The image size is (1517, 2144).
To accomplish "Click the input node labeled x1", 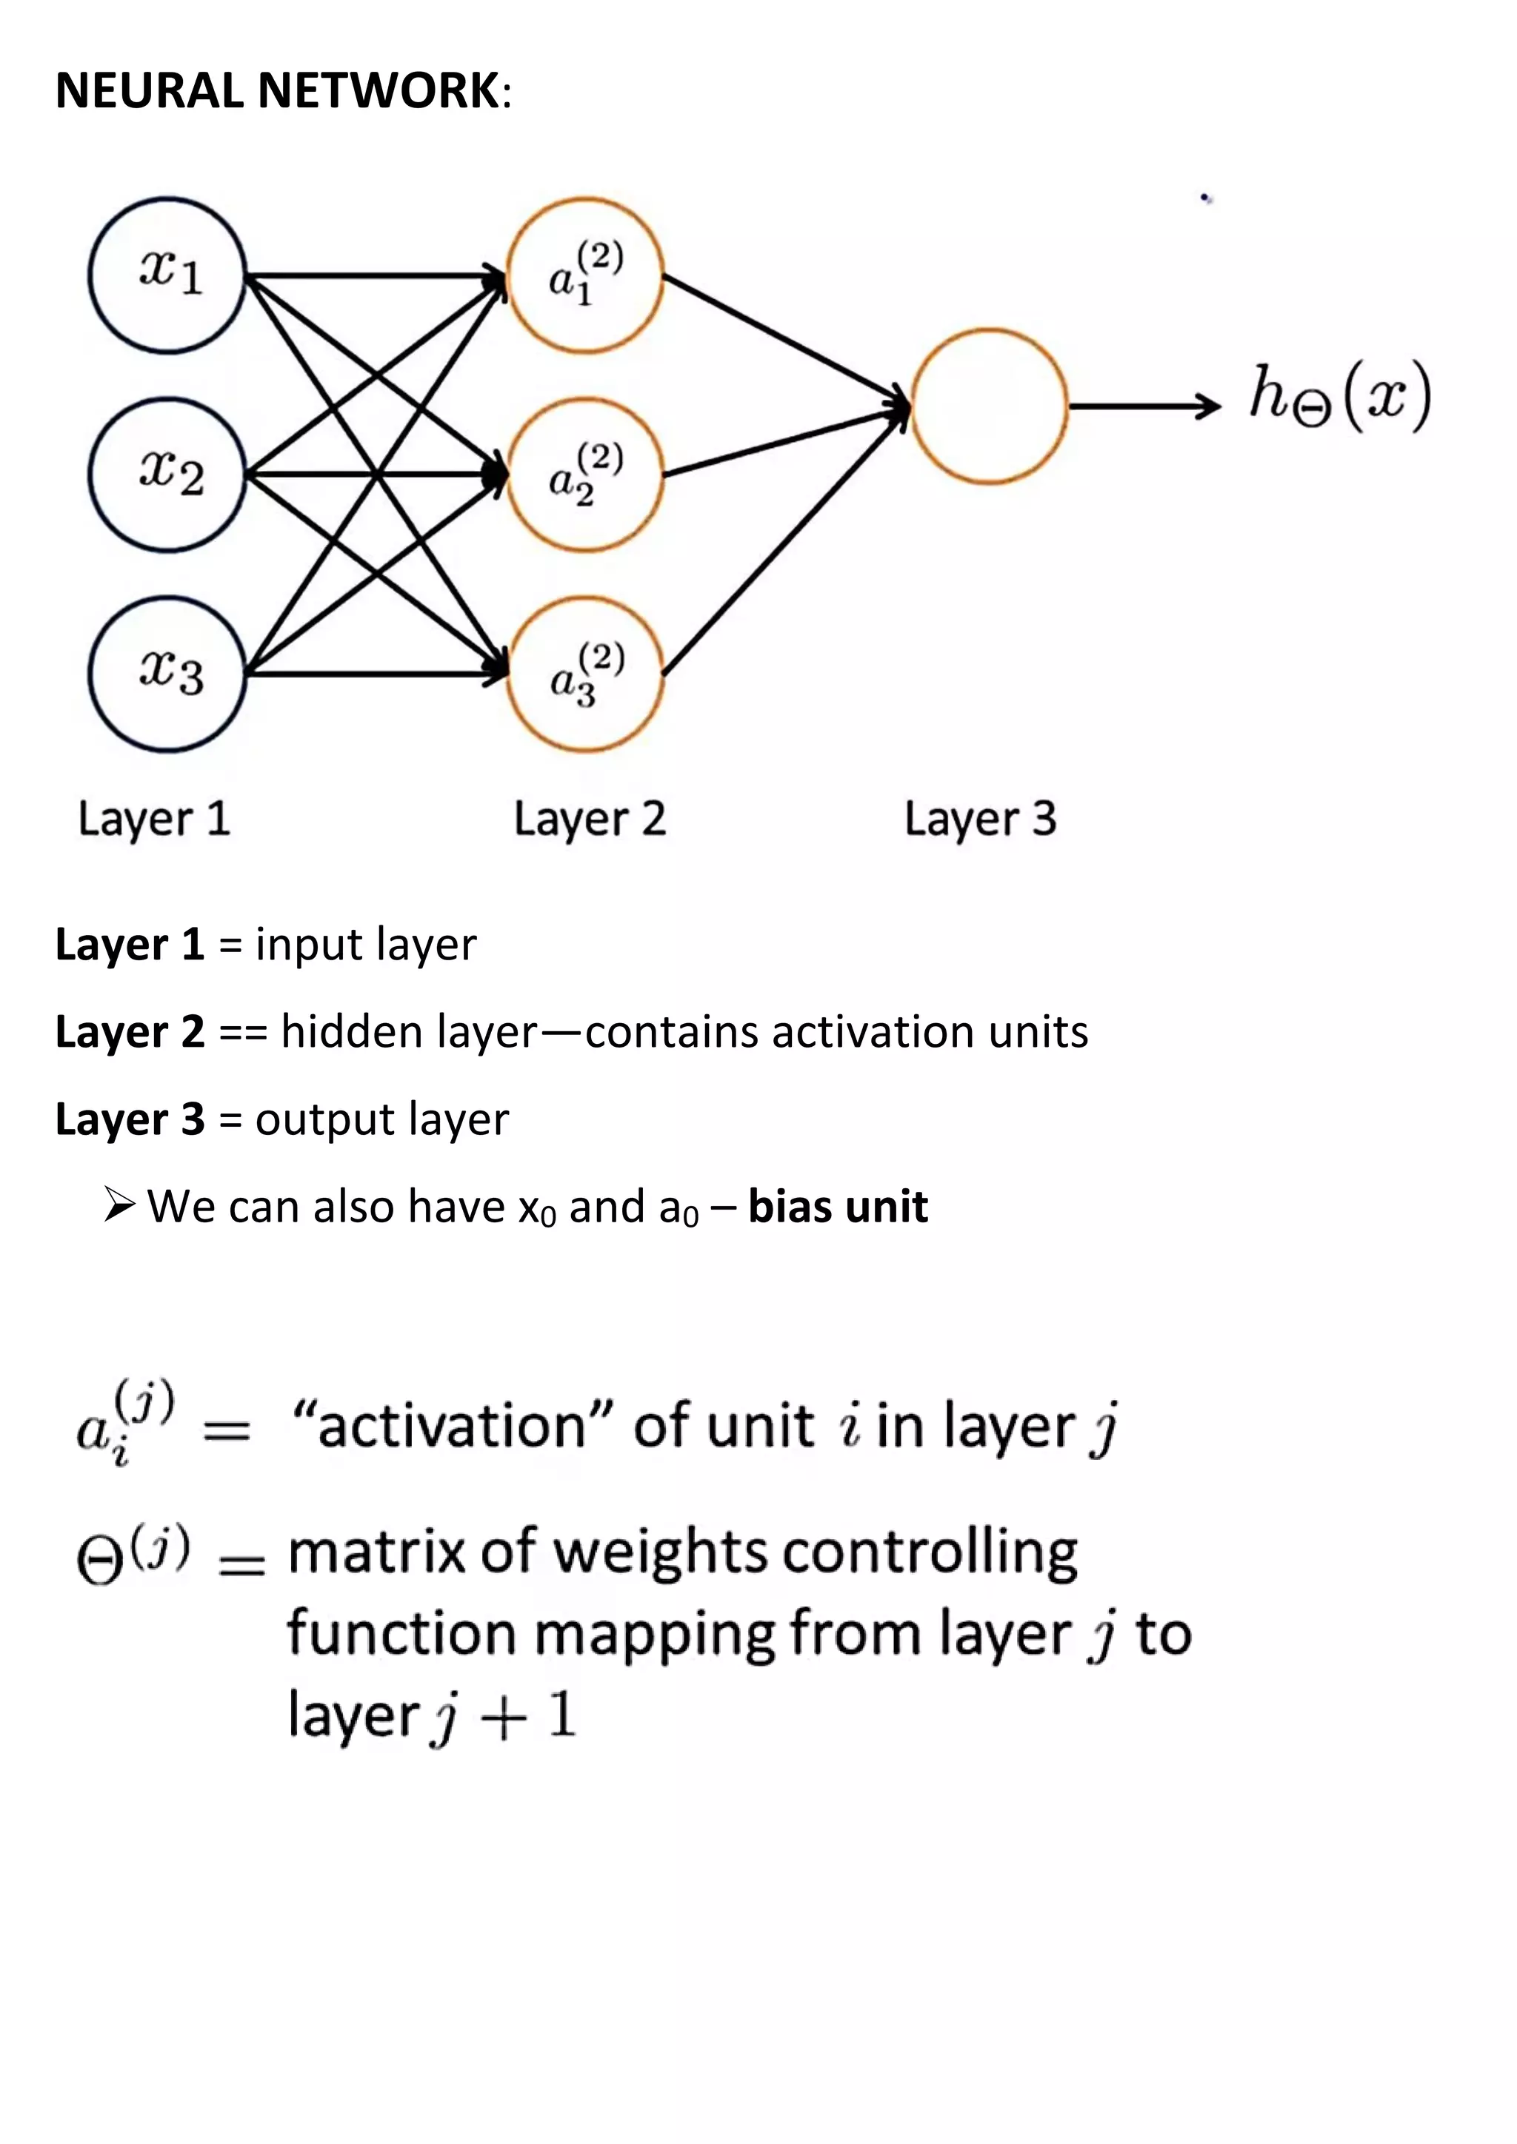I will (168, 275).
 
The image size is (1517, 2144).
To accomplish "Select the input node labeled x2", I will (168, 475).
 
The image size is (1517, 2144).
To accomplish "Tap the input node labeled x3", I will (168, 674).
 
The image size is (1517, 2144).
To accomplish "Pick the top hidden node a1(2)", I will (584, 275).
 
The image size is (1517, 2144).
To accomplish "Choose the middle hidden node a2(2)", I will (584, 475).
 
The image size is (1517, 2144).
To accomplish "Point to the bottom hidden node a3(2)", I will (584, 674).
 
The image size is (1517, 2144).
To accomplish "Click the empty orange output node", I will (988, 406).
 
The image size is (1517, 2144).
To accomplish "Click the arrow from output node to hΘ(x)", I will (1144, 406).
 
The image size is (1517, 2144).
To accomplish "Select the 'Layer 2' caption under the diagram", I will (590, 819).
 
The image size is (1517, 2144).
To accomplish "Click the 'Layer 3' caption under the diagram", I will (980, 819).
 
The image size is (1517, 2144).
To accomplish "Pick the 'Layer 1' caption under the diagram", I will (154, 819).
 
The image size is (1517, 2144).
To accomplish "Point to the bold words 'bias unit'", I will (838, 1207).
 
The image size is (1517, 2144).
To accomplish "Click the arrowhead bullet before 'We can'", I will (119, 1205).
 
